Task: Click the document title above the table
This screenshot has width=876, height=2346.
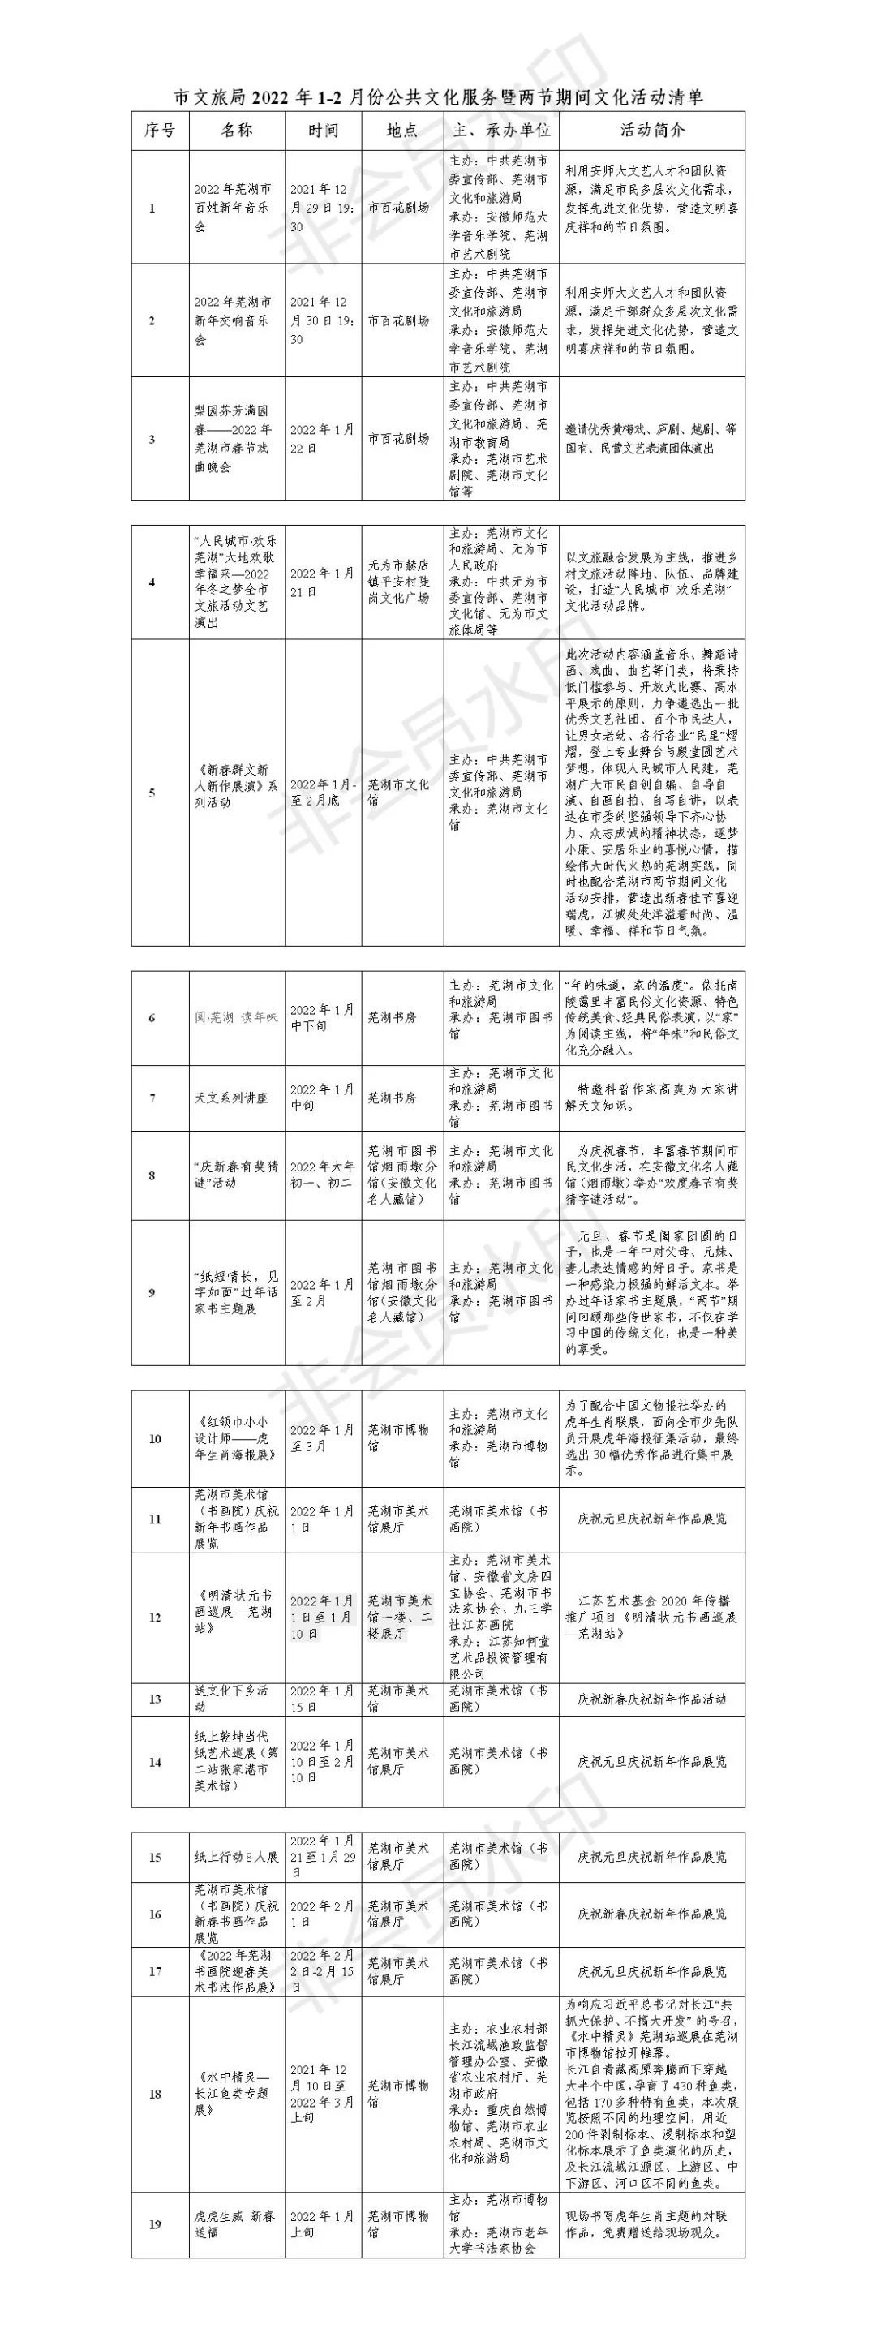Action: coord(438,97)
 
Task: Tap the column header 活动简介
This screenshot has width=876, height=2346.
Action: coord(651,131)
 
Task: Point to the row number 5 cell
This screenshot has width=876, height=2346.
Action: coord(152,793)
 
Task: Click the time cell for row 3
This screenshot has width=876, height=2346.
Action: coord(322,438)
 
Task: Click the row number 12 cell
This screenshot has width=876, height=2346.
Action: coord(155,1618)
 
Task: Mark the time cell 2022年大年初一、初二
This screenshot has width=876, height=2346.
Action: coord(322,1175)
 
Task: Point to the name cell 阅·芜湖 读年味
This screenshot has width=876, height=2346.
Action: coord(235,1017)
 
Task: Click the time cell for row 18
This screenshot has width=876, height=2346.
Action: coord(322,2094)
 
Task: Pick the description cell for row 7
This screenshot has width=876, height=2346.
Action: coord(651,1098)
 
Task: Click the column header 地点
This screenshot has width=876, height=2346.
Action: coord(401,131)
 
